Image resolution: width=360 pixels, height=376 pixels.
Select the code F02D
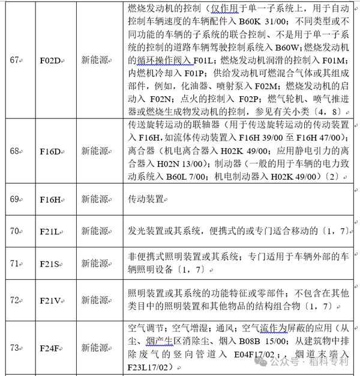coord(51,60)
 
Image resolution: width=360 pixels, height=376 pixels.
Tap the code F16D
coord(51,151)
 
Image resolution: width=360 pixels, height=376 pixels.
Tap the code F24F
coord(51,348)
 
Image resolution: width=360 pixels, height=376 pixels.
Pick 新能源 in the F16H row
coord(95,198)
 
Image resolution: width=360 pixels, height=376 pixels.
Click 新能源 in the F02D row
coord(95,60)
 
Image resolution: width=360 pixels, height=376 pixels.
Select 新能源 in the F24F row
coord(95,348)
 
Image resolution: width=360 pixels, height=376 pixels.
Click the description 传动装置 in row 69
coord(146,198)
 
